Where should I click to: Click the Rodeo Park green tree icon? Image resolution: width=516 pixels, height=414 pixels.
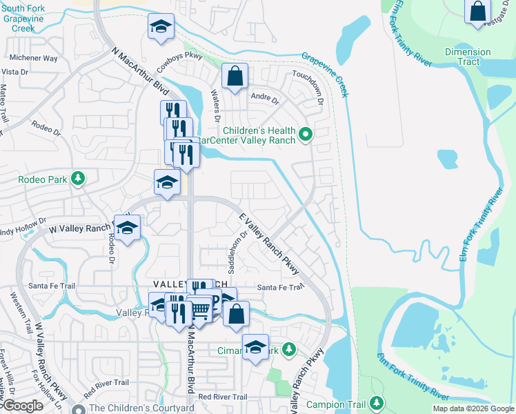(78, 179)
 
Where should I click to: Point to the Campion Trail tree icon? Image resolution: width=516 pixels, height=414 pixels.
(377, 403)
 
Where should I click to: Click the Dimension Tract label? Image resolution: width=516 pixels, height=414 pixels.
(468, 57)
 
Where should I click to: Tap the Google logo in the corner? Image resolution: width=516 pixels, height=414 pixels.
(23, 405)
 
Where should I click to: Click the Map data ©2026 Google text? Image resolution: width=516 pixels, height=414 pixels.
(473, 408)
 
